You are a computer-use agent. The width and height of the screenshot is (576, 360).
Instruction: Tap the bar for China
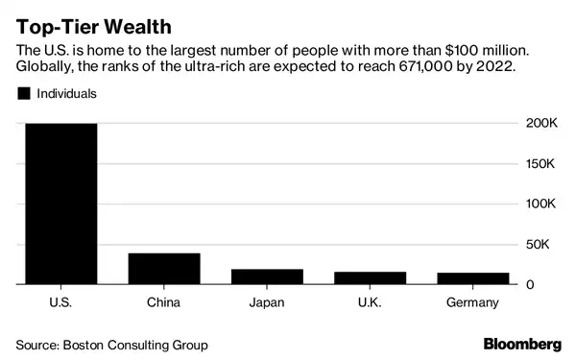click(x=163, y=269)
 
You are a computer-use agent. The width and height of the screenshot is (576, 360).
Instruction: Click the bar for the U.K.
click(x=370, y=278)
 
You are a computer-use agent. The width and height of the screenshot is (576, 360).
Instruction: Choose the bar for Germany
click(x=472, y=279)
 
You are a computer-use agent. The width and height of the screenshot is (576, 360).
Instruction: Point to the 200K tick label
click(x=540, y=124)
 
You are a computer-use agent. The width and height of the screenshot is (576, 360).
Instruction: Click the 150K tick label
click(x=540, y=164)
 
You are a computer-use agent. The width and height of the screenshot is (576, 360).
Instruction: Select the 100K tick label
click(x=540, y=204)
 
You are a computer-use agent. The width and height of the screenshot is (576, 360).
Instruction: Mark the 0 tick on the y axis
click(x=531, y=285)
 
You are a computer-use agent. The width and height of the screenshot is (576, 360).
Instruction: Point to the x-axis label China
click(x=163, y=303)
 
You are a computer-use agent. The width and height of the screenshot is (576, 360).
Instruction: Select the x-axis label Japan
click(x=267, y=303)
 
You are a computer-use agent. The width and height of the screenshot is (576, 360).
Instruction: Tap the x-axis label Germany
click(x=472, y=303)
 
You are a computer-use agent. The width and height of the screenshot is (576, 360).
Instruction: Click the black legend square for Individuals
click(x=23, y=94)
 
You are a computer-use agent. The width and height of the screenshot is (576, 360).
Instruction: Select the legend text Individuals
click(x=66, y=94)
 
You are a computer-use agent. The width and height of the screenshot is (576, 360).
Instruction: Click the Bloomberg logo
click(x=521, y=344)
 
